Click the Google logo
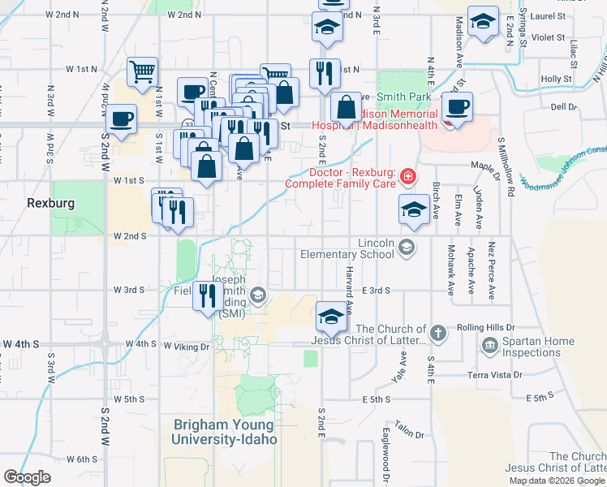coord(27,477)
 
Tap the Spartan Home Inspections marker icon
coord(489,347)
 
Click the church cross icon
coord(437,333)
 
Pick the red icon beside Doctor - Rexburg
coord(407,176)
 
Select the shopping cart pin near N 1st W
coord(143,71)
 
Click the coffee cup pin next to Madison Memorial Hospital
coord(458,106)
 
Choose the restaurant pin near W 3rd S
coord(207,296)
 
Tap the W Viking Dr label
coord(187,346)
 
